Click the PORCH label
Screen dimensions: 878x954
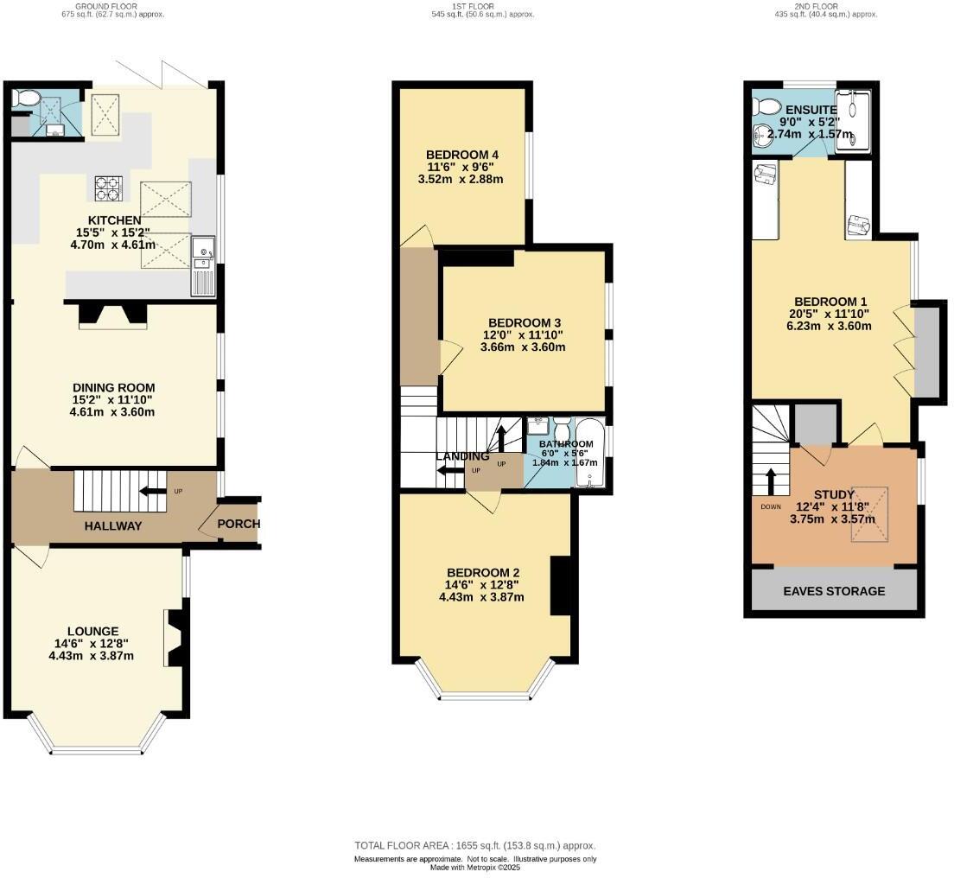click(x=238, y=524)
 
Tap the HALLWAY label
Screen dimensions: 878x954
click(x=113, y=525)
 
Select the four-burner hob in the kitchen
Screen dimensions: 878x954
click(x=108, y=188)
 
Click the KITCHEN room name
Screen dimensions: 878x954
click(x=114, y=220)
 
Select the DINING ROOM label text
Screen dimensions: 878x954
click(x=113, y=387)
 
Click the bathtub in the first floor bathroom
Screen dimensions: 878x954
click(x=592, y=454)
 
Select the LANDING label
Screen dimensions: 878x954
click(x=462, y=456)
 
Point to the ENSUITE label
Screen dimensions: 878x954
click(x=811, y=110)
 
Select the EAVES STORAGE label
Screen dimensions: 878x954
click(x=834, y=591)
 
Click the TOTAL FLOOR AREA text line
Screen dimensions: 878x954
click(x=475, y=845)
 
